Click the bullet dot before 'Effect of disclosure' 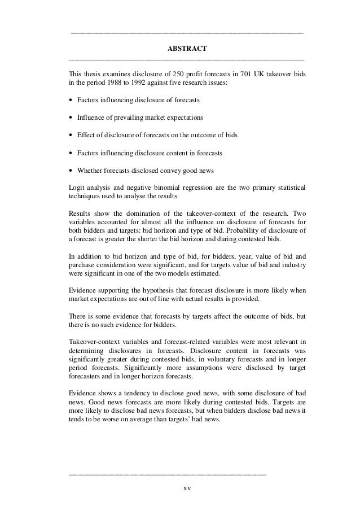pyautogui.click(x=70, y=136)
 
